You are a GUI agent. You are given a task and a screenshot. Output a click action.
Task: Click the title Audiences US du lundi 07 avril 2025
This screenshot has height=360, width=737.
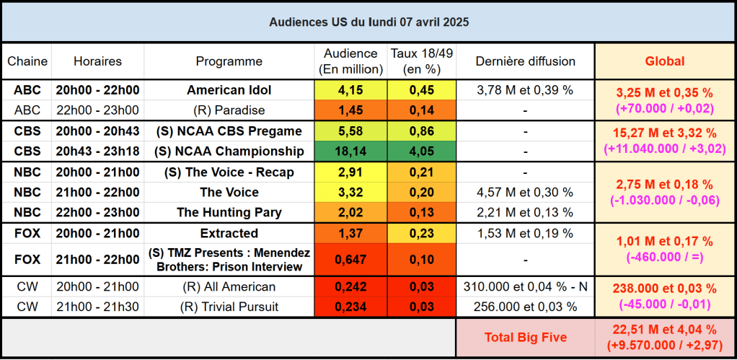368,22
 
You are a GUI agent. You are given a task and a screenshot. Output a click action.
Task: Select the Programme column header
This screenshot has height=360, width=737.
229,61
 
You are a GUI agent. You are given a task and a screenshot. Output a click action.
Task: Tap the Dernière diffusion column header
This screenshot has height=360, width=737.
525,61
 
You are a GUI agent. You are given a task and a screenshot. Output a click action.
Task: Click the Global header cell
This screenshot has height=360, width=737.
664,61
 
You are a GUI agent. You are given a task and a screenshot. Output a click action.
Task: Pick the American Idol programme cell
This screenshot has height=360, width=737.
229,90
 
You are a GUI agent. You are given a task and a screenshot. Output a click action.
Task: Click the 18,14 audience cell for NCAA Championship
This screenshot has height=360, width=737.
350,152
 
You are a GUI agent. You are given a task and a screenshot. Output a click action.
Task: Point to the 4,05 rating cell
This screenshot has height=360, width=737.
421,152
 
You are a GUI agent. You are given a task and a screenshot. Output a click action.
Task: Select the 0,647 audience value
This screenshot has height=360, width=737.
350,259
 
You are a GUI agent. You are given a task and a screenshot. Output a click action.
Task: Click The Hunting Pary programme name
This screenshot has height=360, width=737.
229,212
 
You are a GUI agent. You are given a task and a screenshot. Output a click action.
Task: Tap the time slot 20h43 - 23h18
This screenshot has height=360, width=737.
97,152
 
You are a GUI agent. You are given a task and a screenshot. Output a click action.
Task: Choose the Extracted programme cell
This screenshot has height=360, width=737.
229,233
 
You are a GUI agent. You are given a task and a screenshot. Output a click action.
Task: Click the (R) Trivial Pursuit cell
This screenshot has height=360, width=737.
229,307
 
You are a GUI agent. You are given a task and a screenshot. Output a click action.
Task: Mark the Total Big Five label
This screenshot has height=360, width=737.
525,336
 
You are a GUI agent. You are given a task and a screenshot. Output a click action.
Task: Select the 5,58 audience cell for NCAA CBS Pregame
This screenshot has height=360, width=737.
350,131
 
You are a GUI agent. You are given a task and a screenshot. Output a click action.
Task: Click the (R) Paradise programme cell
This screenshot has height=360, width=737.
229,110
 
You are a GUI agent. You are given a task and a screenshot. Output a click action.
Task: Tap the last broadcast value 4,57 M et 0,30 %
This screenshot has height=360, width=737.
525,193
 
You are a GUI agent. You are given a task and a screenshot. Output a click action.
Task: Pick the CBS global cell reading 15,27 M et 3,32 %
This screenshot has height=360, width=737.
664,133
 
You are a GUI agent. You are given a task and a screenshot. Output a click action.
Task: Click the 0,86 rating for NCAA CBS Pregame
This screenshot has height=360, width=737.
421,131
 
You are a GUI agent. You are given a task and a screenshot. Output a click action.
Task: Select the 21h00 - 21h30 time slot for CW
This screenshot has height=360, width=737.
97,307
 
